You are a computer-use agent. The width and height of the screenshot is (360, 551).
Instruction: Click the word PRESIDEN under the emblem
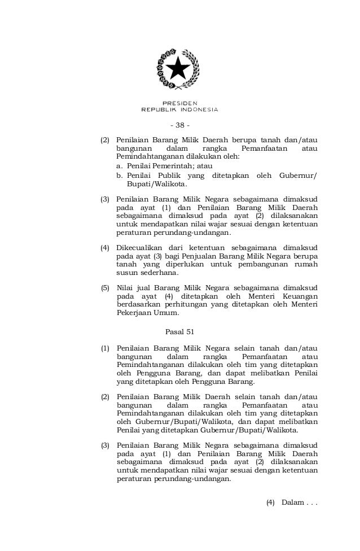click(179, 103)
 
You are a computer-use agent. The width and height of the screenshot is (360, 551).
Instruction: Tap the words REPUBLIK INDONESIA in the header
click(179, 110)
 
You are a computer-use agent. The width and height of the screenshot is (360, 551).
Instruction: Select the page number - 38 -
click(179, 125)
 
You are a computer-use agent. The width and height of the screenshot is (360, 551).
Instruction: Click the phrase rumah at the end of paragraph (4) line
click(306, 264)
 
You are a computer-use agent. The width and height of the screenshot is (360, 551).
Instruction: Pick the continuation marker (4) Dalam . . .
click(292, 502)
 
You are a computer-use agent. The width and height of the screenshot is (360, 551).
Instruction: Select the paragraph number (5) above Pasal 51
click(104, 288)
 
